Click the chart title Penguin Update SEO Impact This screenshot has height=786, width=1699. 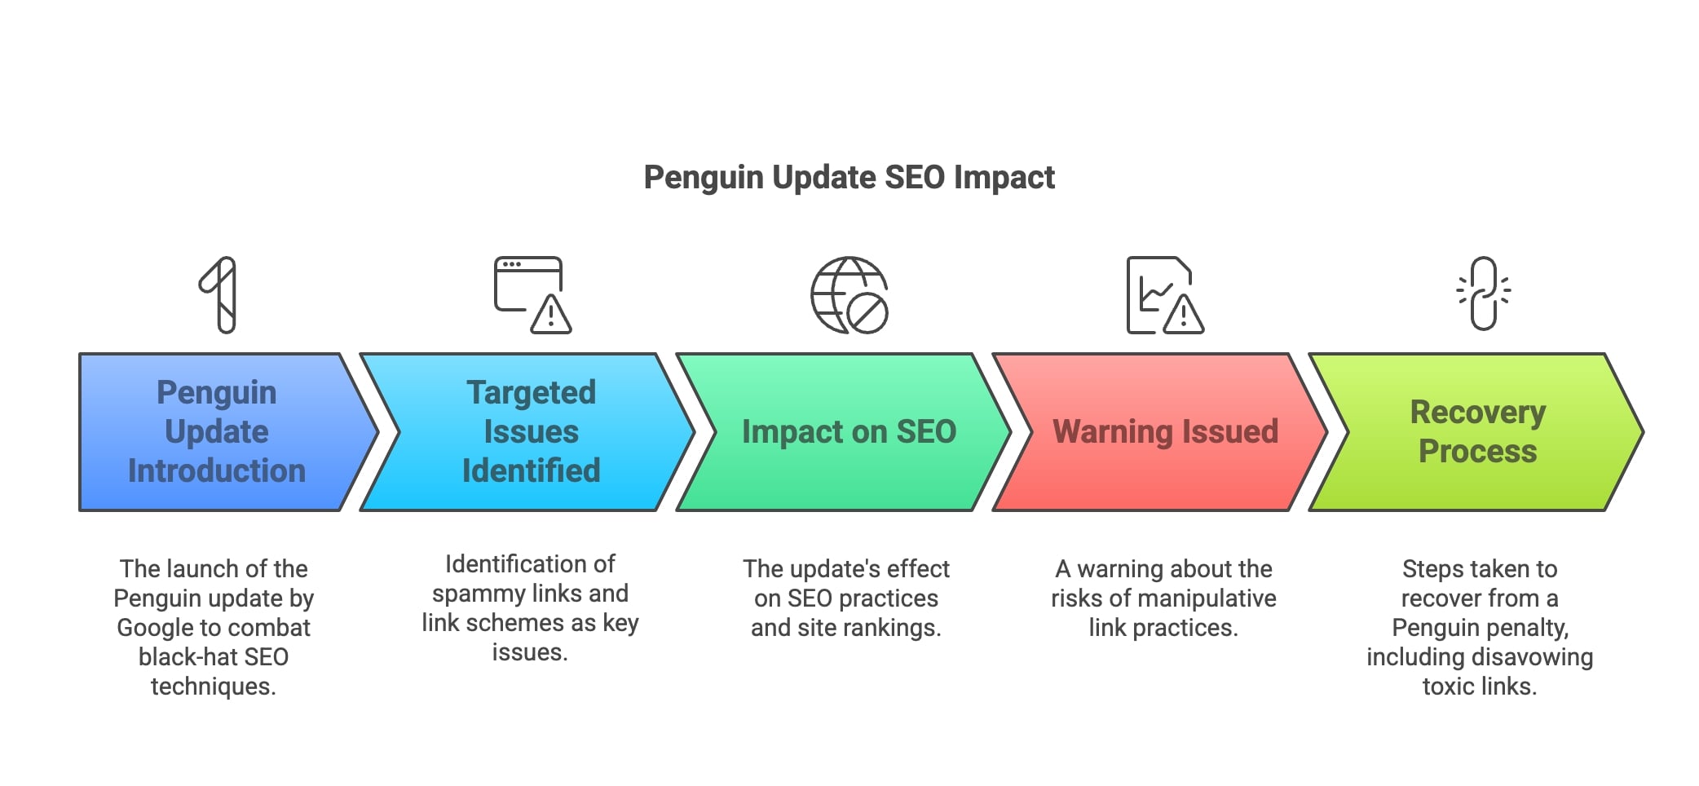click(x=849, y=177)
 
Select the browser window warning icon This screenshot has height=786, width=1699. click(x=532, y=294)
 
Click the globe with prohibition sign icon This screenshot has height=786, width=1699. click(x=849, y=294)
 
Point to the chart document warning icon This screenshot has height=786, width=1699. click(x=1164, y=294)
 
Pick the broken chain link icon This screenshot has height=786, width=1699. click(x=1484, y=294)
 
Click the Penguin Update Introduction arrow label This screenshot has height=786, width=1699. click(x=217, y=431)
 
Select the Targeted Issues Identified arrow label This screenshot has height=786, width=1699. click(x=531, y=431)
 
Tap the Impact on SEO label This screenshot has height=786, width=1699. click(x=849, y=431)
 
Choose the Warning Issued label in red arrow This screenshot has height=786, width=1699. click(x=1165, y=431)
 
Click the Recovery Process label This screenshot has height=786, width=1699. click(x=1477, y=431)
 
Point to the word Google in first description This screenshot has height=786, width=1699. click(x=155, y=628)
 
